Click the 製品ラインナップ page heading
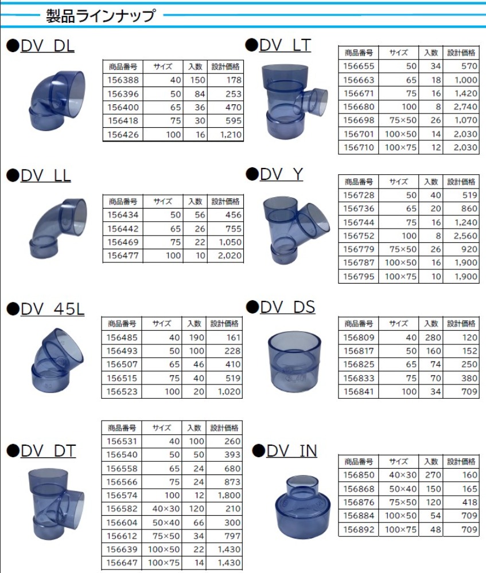click(x=100, y=15)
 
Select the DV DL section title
click(x=48, y=46)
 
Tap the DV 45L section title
click(x=52, y=309)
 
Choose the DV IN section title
click(x=291, y=451)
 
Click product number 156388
click(x=123, y=80)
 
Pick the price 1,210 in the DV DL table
click(x=231, y=135)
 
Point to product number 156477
click(x=123, y=256)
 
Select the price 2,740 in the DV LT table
click(x=465, y=107)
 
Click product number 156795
click(x=359, y=276)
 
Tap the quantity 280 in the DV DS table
click(x=433, y=337)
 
